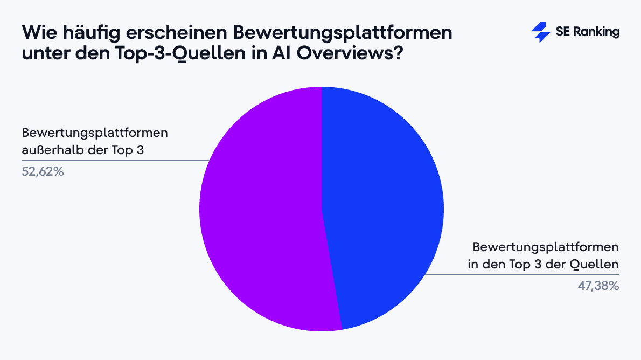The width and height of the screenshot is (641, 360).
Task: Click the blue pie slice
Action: click(382, 205)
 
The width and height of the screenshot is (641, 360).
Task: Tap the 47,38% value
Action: click(598, 287)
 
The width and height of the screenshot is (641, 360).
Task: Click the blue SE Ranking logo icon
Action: click(540, 32)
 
